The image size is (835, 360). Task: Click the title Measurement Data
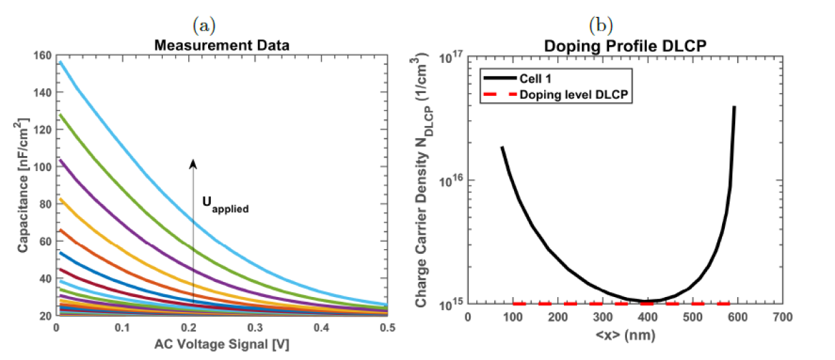(x=221, y=46)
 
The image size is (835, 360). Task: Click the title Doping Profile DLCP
(x=625, y=46)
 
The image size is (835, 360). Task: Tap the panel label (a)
(x=204, y=26)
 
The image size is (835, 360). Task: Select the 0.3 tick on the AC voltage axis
(x=255, y=329)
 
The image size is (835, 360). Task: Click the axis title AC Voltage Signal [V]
(x=221, y=344)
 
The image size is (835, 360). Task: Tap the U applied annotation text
(x=224, y=205)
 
